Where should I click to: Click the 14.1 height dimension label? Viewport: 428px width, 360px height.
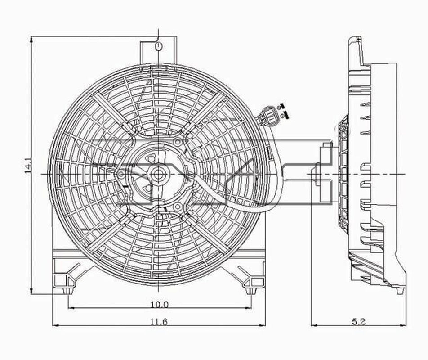coord(27,165)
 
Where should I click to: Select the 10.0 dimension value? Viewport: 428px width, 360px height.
coord(159,304)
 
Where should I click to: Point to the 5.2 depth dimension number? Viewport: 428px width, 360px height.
coord(359,322)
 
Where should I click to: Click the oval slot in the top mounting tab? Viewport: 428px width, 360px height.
coord(158,46)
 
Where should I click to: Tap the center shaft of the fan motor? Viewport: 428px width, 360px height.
coord(157,173)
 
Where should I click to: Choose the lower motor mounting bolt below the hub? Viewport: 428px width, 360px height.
coord(177,207)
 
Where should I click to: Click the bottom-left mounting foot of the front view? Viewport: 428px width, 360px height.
coord(63,281)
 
